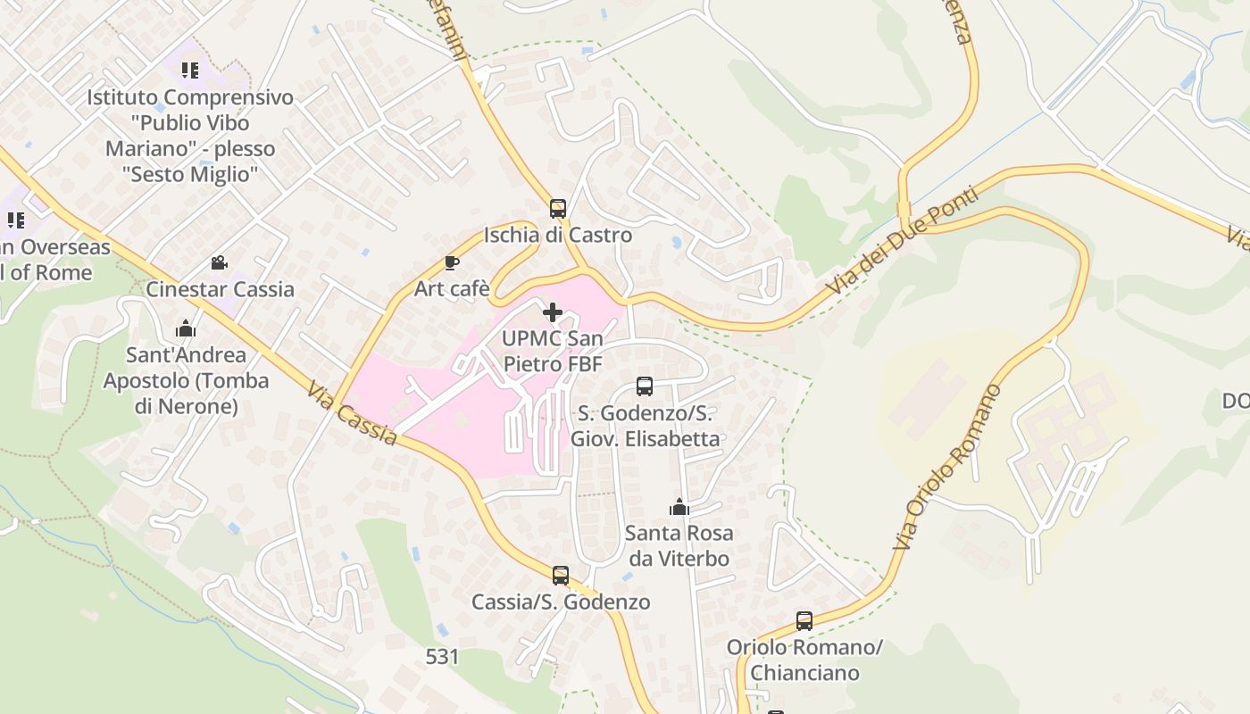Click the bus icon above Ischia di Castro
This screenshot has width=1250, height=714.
pyautogui.click(x=558, y=209)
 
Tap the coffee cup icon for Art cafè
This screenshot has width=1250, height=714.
pyautogui.click(x=452, y=262)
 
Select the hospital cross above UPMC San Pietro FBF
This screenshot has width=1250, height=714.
pyautogui.click(x=553, y=312)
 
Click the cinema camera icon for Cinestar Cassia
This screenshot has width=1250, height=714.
pyautogui.click(x=219, y=262)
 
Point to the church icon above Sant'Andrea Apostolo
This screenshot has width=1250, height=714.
pyautogui.click(x=186, y=328)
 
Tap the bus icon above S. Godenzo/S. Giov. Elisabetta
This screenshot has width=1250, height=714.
pyautogui.click(x=645, y=386)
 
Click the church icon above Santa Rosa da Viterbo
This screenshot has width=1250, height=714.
pyautogui.click(x=679, y=507)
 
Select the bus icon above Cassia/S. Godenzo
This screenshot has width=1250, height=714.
pyautogui.click(x=561, y=576)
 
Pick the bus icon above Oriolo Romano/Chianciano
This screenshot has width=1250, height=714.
pyautogui.click(x=804, y=620)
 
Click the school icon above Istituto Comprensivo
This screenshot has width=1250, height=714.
pyautogui.click(x=189, y=70)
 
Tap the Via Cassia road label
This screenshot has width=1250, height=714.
pyautogui.click(x=353, y=414)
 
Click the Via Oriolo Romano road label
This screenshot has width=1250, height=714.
pyautogui.click(x=948, y=467)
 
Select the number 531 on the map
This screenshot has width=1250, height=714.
pyautogui.click(x=442, y=657)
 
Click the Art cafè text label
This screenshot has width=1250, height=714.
pyautogui.click(x=452, y=288)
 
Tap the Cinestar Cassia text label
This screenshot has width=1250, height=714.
pyautogui.click(x=220, y=289)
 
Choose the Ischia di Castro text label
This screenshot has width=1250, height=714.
pyautogui.click(x=558, y=236)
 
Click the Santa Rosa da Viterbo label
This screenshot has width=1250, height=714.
pyautogui.click(x=679, y=546)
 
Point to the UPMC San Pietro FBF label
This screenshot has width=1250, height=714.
pyautogui.click(x=553, y=352)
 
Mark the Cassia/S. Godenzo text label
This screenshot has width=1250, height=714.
pyautogui.click(x=561, y=602)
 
